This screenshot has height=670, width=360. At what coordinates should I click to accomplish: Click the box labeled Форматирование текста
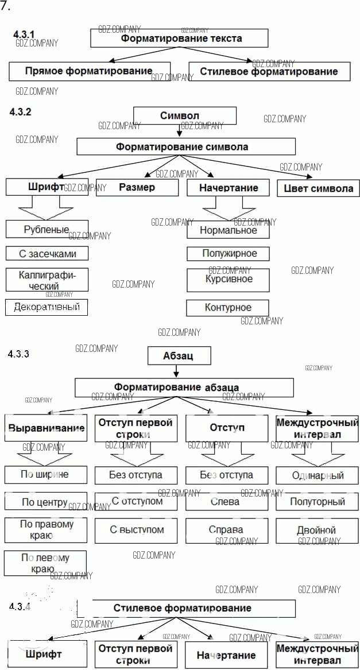click(179, 38)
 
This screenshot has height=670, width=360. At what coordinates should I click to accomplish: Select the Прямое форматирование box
click(90, 72)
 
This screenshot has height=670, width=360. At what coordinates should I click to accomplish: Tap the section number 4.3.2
click(20, 112)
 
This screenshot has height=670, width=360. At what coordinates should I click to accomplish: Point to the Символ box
click(184, 116)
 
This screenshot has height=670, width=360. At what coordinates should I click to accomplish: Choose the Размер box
click(137, 188)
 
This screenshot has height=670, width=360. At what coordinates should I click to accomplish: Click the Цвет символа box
click(318, 188)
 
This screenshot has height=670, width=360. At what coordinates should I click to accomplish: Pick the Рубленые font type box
click(47, 229)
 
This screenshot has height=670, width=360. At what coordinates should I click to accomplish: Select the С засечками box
click(47, 253)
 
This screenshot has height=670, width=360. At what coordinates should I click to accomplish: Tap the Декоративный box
click(47, 307)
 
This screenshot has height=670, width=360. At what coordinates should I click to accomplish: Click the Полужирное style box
click(228, 253)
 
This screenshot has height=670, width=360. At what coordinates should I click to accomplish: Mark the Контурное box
click(227, 308)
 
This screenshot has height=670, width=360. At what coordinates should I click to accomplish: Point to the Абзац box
click(180, 356)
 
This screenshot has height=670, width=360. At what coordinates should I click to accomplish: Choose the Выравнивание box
click(46, 428)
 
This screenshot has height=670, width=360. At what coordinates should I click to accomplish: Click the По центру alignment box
click(46, 502)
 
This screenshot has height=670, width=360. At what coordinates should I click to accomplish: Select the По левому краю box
click(45, 563)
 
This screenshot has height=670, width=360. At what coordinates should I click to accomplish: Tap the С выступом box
click(137, 530)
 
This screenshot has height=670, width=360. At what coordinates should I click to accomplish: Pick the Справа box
click(226, 530)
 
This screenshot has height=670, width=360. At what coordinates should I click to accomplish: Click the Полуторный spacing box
click(318, 502)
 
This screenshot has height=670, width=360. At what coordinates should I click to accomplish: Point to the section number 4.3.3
click(19, 354)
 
